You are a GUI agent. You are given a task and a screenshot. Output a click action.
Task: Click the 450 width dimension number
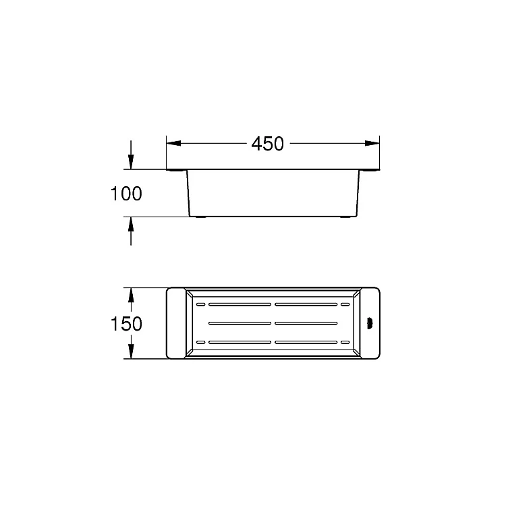click(x=268, y=144)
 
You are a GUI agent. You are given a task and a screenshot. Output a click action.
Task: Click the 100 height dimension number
click(x=126, y=194)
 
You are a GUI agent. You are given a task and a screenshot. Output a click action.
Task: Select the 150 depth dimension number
click(x=126, y=324)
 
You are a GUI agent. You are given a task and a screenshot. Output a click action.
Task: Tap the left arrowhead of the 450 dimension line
click(x=173, y=143)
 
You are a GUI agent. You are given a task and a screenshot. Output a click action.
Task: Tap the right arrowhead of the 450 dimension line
click(x=372, y=143)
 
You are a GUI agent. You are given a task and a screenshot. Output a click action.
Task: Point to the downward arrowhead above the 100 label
click(x=131, y=162)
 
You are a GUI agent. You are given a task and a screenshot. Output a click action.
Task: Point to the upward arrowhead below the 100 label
click(x=131, y=224)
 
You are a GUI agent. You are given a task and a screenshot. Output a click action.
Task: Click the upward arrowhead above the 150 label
click(x=131, y=295)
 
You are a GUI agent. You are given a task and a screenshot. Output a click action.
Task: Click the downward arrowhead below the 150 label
click(x=131, y=351)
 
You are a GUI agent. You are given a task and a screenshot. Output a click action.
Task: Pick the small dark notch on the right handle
click(x=370, y=323)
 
